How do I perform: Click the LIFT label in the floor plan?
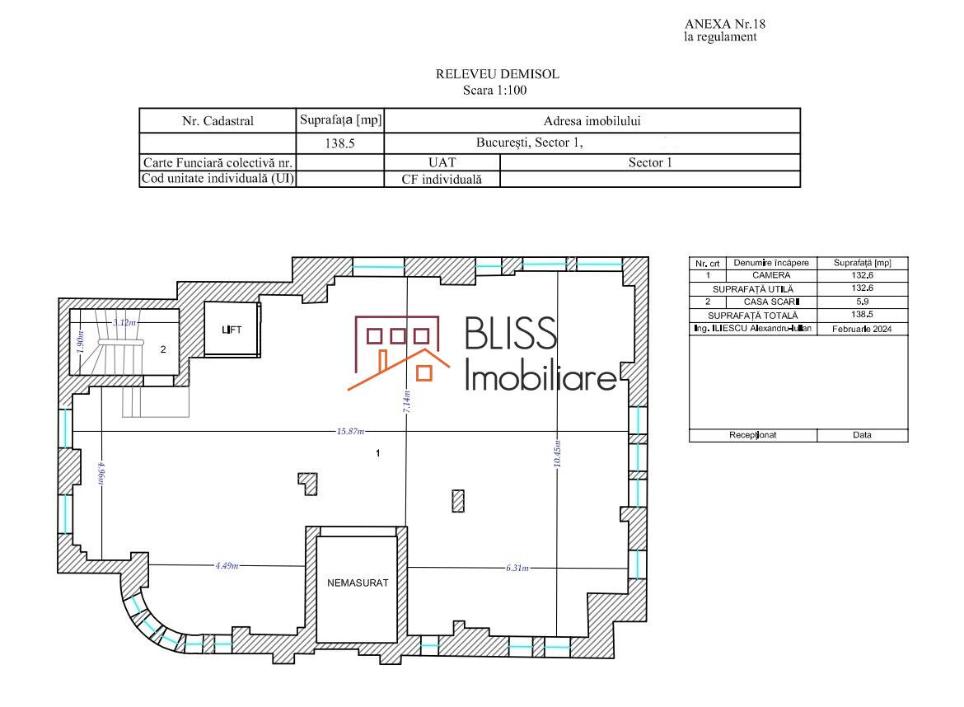232,330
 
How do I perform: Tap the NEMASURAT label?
358,583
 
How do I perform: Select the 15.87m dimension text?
350,432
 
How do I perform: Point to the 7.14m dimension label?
407,401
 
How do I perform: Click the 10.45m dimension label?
557,454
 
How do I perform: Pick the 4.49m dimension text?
227,565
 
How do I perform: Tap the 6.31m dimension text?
517,568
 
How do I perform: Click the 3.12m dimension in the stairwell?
124,322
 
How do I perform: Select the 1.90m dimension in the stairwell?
80,342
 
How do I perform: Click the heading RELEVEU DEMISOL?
498,74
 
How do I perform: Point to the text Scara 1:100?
495,91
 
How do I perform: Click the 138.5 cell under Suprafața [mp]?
340,143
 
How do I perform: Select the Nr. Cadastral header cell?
218,120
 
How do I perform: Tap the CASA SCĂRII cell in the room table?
771,302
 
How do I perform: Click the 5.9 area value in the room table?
863,302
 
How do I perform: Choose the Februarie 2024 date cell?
862,329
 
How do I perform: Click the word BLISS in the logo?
511,334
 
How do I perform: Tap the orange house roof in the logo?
399,369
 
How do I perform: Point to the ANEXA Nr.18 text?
725,24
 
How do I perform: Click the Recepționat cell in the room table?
752,435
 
